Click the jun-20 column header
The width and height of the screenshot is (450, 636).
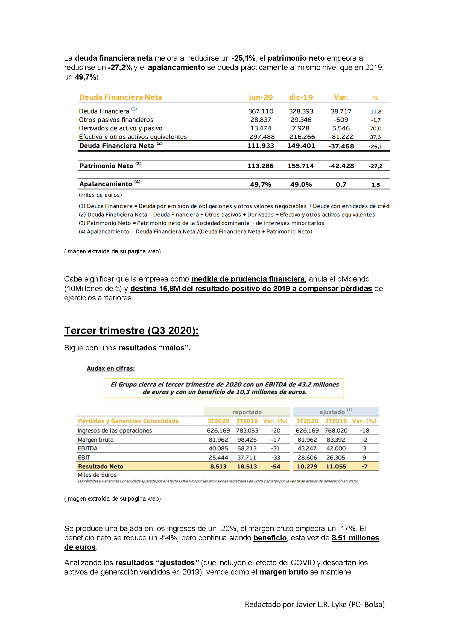point(261,97)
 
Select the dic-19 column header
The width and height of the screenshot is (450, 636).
point(301,97)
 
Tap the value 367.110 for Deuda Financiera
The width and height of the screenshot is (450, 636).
point(261,111)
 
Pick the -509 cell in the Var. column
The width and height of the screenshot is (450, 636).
point(341,120)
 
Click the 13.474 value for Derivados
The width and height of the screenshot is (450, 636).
point(261,128)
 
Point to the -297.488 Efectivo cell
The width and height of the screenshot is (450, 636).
point(261,137)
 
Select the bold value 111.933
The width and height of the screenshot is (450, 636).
point(261,146)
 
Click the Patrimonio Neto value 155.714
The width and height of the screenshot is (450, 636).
point(301,166)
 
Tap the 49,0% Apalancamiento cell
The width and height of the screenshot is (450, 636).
point(301,184)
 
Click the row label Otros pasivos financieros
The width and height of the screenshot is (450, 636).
point(116,120)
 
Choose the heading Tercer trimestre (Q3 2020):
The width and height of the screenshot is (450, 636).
point(131,330)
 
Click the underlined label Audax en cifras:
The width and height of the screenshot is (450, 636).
point(110,368)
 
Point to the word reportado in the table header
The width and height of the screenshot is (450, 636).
point(247,412)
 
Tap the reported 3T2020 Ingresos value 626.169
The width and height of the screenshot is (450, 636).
point(218,430)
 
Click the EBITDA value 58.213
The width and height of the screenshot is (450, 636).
point(247,448)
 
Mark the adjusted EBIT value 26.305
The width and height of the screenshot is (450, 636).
point(335,458)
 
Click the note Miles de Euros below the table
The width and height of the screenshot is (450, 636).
point(97,475)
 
